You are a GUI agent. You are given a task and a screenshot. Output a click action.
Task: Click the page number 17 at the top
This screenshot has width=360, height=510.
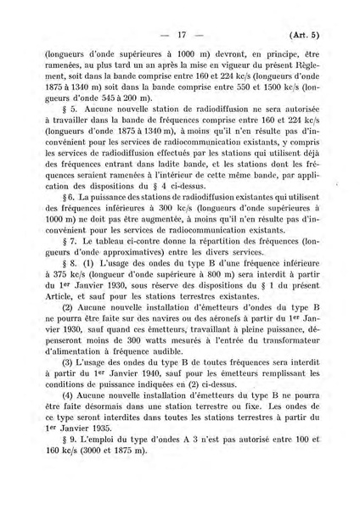click(x=180, y=35)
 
